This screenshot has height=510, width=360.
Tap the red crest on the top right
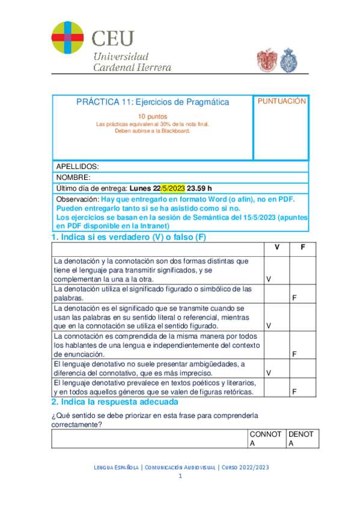pyautogui.click(x=267, y=60)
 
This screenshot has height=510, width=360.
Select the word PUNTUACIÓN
pyautogui.click(x=282, y=102)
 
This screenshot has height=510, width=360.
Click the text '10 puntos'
pyautogui.click(x=153, y=116)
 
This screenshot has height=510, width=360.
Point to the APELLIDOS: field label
pyautogui.click(x=77, y=166)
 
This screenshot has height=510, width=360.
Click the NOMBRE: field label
pyautogui.click(x=73, y=177)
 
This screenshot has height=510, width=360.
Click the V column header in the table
pyautogui.click(x=276, y=248)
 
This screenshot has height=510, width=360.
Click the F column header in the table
pyautogui.click(x=303, y=248)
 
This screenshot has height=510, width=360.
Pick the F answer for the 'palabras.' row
pyautogui.click(x=294, y=298)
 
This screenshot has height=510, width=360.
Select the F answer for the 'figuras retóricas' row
pyautogui.click(x=294, y=392)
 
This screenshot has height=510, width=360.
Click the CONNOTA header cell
pyautogui.click(x=265, y=439)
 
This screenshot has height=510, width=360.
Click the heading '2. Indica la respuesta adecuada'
pyautogui.click(x=114, y=402)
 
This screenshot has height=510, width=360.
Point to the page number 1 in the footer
pyautogui.click(x=180, y=476)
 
